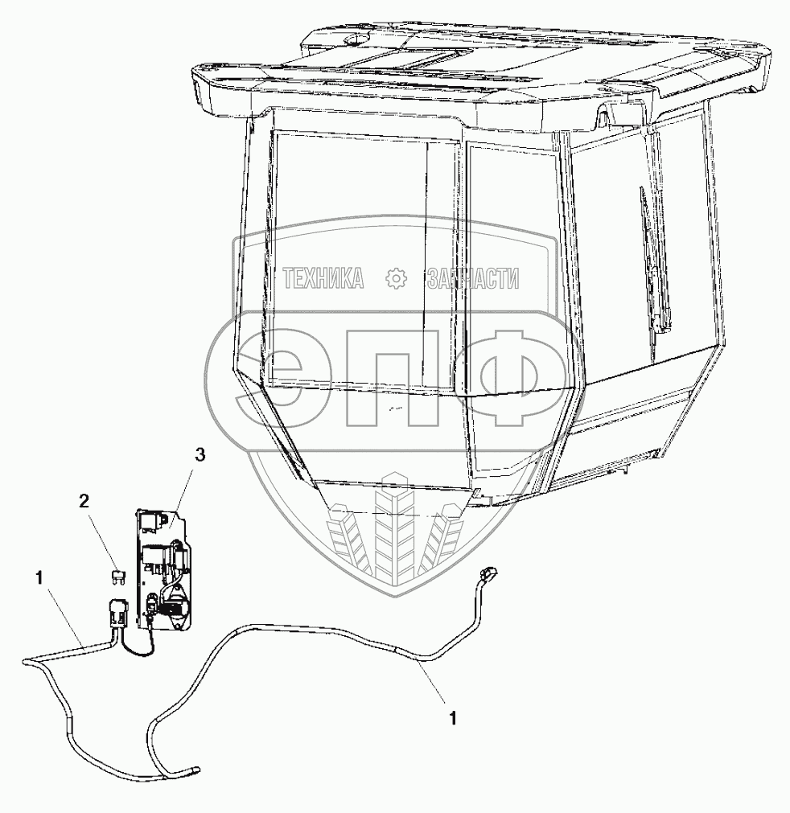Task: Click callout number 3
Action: (x=200, y=456)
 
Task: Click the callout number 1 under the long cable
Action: (x=453, y=717)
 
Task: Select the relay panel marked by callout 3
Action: (x=166, y=568)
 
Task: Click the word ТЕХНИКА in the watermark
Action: (x=323, y=279)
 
